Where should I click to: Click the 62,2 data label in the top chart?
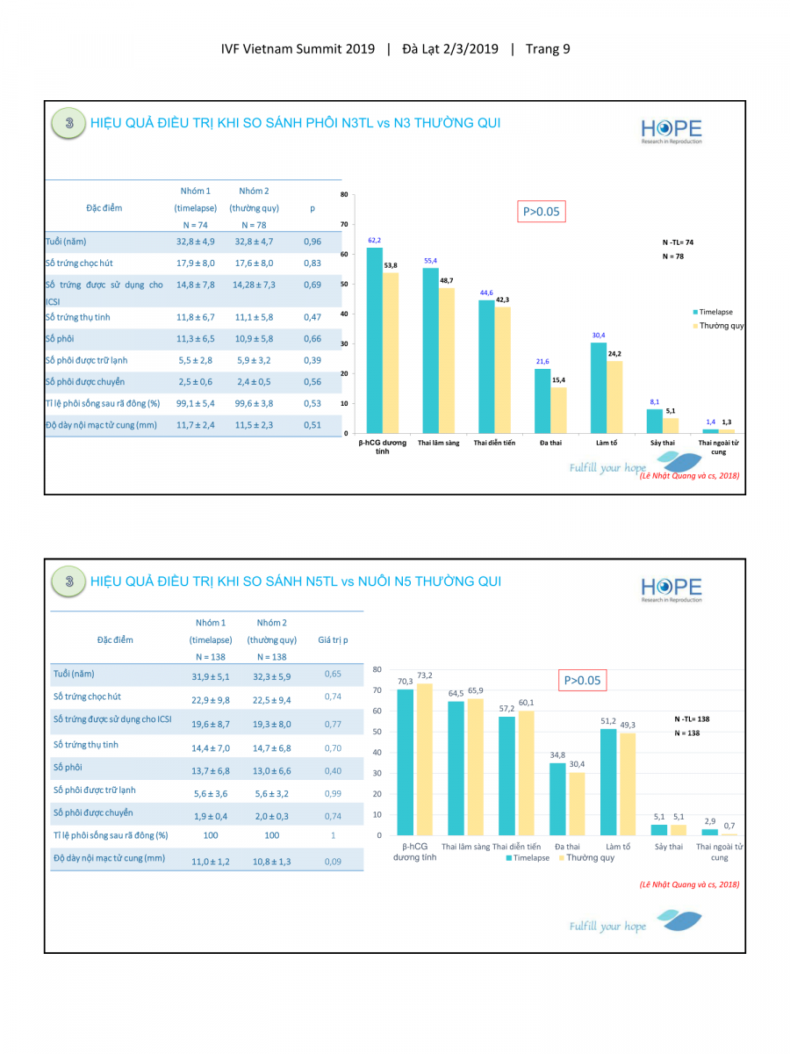click(x=375, y=240)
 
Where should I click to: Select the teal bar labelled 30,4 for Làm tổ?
click(x=599, y=386)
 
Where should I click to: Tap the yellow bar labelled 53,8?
click(x=391, y=351)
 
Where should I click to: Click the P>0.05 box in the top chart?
click(x=541, y=212)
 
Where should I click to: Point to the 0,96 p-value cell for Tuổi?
click(x=312, y=242)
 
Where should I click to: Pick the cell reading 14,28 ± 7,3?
click(x=255, y=285)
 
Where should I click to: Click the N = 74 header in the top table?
click(x=196, y=226)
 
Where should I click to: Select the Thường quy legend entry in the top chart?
click(x=722, y=326)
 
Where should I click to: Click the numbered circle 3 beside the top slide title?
click(x=69, y=123)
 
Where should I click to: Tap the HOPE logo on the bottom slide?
click(x=671, y=588)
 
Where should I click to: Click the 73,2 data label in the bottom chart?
click(x=424, y=675)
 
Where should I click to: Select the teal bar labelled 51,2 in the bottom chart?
click(x=609, y=782)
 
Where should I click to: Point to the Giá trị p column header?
click(x=333, y=640)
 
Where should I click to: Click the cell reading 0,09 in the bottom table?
click(x=333, y=862)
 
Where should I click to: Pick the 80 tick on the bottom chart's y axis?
click(x=377, y=669)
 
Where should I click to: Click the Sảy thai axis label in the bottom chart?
click(x=668, y=847)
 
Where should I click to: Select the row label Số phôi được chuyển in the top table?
click(x=85, y=382)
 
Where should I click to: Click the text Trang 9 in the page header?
click(x=548, y=48)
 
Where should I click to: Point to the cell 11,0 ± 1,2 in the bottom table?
click(x=211, y=862)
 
